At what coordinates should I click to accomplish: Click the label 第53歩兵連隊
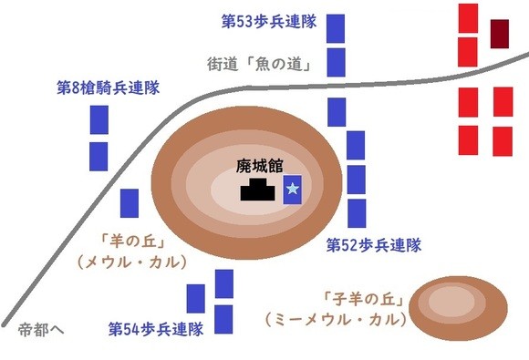269,22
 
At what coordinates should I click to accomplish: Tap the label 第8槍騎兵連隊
108,87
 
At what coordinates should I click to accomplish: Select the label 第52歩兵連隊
374,245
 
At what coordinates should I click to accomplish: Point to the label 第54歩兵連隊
156,329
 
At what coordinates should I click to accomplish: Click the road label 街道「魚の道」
259,64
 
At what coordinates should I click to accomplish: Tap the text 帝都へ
41,330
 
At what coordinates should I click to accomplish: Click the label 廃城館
259,166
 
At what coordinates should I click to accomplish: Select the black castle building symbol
258,190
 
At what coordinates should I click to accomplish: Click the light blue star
292,189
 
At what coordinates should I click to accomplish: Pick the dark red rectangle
500,34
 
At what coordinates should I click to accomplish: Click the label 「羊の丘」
132,242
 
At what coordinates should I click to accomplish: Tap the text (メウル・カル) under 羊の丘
132,262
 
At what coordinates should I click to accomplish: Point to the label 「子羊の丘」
363,299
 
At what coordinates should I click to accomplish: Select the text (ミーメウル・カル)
336,319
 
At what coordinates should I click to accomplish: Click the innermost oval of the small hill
451,302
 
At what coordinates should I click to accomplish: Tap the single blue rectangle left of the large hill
130,203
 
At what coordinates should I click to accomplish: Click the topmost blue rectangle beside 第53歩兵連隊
336,28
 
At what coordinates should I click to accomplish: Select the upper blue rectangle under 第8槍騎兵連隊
99,119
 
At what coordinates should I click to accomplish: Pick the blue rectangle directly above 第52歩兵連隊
357,213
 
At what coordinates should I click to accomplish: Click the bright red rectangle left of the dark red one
468,18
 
